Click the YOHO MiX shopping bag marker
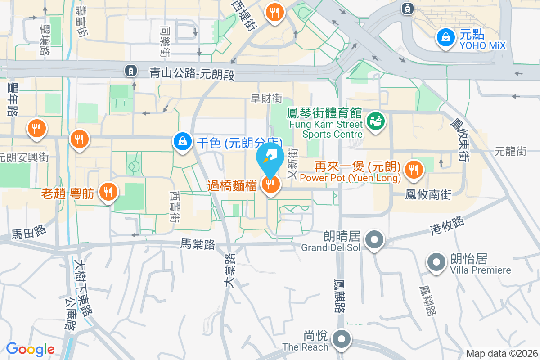click(x=445, y=37)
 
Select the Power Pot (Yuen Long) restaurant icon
click(x=413, y=170)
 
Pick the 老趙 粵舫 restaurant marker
click(x=108, y=192)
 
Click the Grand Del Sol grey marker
click(x=374, y=240)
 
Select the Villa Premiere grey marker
click(x=436, y=262)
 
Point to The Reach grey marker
click(x=342, y=339)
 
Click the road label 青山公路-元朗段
click(x=192, y=73)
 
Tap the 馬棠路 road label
click(x=198, y=244)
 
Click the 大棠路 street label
click(x=230, y=269)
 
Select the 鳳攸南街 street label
click(x=428, y=194)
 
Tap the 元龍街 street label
click(x=510, y=152)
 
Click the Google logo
click(x=30, y=349)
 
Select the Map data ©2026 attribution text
click(x=502, y=353)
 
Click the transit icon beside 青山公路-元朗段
click(x=130, y=70)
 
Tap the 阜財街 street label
click(x=266, y=98)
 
